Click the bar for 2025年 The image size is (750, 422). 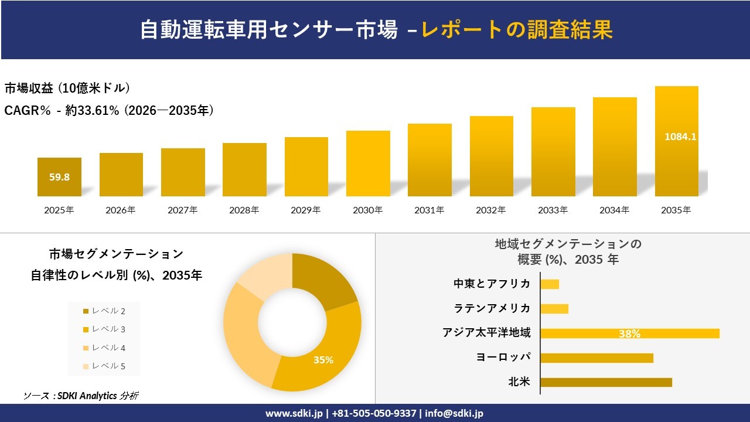59,177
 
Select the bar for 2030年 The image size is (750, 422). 368,164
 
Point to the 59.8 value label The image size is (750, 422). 59,177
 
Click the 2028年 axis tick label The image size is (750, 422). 244,210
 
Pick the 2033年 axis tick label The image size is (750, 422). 553,210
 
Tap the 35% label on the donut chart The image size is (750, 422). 323,360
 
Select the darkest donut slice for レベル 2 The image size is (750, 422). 322,281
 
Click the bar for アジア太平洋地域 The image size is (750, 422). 629,333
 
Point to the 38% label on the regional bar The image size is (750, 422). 629,333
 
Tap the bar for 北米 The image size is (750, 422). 606,382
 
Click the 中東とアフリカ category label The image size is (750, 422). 492,284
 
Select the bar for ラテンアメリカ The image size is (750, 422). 554,308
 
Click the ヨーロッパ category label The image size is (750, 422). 503,357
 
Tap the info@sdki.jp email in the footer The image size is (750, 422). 454,413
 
